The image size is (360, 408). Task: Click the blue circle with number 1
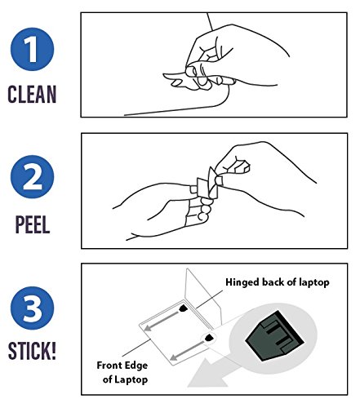pyautogui.click(x=32, y=50)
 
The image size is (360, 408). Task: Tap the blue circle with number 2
pyautogui.click(x=32, y=177)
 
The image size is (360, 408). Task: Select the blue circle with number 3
pyautogui.click(x=32, y=308)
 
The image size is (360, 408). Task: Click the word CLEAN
pyautogui.click(x=32, y=94)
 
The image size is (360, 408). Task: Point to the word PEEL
pyautogui.click(x=33, y=224)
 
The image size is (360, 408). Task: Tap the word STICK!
pyautogui.click(x=32, y=351)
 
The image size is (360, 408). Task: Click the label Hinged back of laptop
pyautogui.click(x=278, y=282)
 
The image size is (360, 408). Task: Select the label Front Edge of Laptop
pyautogui.click(x=122, y=372)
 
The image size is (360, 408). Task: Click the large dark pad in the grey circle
pyautogui.click(x=274, y=336)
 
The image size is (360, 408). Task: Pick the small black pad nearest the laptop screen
pyautogui.click(x=184, y=308)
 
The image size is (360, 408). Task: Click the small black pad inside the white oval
pyautogui.click(x=209, y=338)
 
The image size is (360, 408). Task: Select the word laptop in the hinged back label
pyautogui.click(x=314, y=282)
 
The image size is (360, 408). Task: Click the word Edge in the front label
pyautogui.click(x=137, y=366)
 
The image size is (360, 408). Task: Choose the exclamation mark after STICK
pyautogui.click(x=54, y=351)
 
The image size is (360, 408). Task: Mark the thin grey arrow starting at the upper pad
pyautogui.click(x=162, y=321)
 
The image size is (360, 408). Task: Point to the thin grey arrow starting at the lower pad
pyautogui.click(x=188, y=351)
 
